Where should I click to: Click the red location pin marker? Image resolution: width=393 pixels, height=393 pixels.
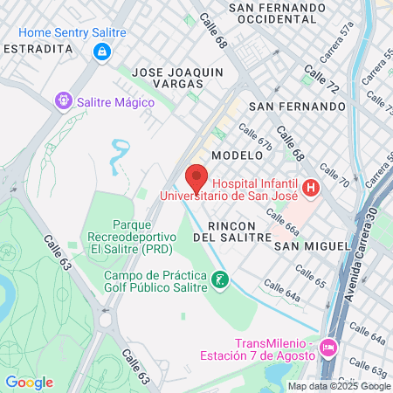click(196, 177)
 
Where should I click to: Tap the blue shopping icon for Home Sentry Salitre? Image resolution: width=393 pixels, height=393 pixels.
click(103, 52)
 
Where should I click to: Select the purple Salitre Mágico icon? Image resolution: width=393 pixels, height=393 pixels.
click(63, 101)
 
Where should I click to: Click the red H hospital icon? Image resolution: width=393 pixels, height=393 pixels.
click(309, 188)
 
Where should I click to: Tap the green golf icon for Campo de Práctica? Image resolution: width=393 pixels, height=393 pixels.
click(222, 280)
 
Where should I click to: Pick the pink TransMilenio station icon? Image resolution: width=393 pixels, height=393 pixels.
click(328, 348)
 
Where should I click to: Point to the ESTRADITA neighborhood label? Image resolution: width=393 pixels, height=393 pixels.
click(38, 49)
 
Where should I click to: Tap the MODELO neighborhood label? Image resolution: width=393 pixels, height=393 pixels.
click(237, 155)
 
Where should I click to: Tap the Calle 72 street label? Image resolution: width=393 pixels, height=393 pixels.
click(321, 79)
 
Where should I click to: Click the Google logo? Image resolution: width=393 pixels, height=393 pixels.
click(29, 383)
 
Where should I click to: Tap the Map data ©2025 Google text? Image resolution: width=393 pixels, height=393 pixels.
click(340, 386)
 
